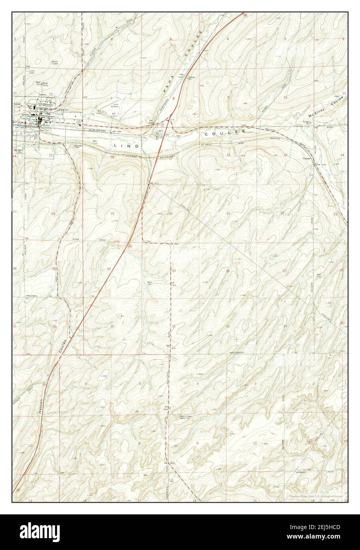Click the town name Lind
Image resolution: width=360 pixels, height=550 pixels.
pos(17,104)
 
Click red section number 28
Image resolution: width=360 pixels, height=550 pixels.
pos(227,271)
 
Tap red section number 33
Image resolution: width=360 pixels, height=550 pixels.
pos(227,326)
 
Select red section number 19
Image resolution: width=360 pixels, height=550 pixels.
pos(112,214)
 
